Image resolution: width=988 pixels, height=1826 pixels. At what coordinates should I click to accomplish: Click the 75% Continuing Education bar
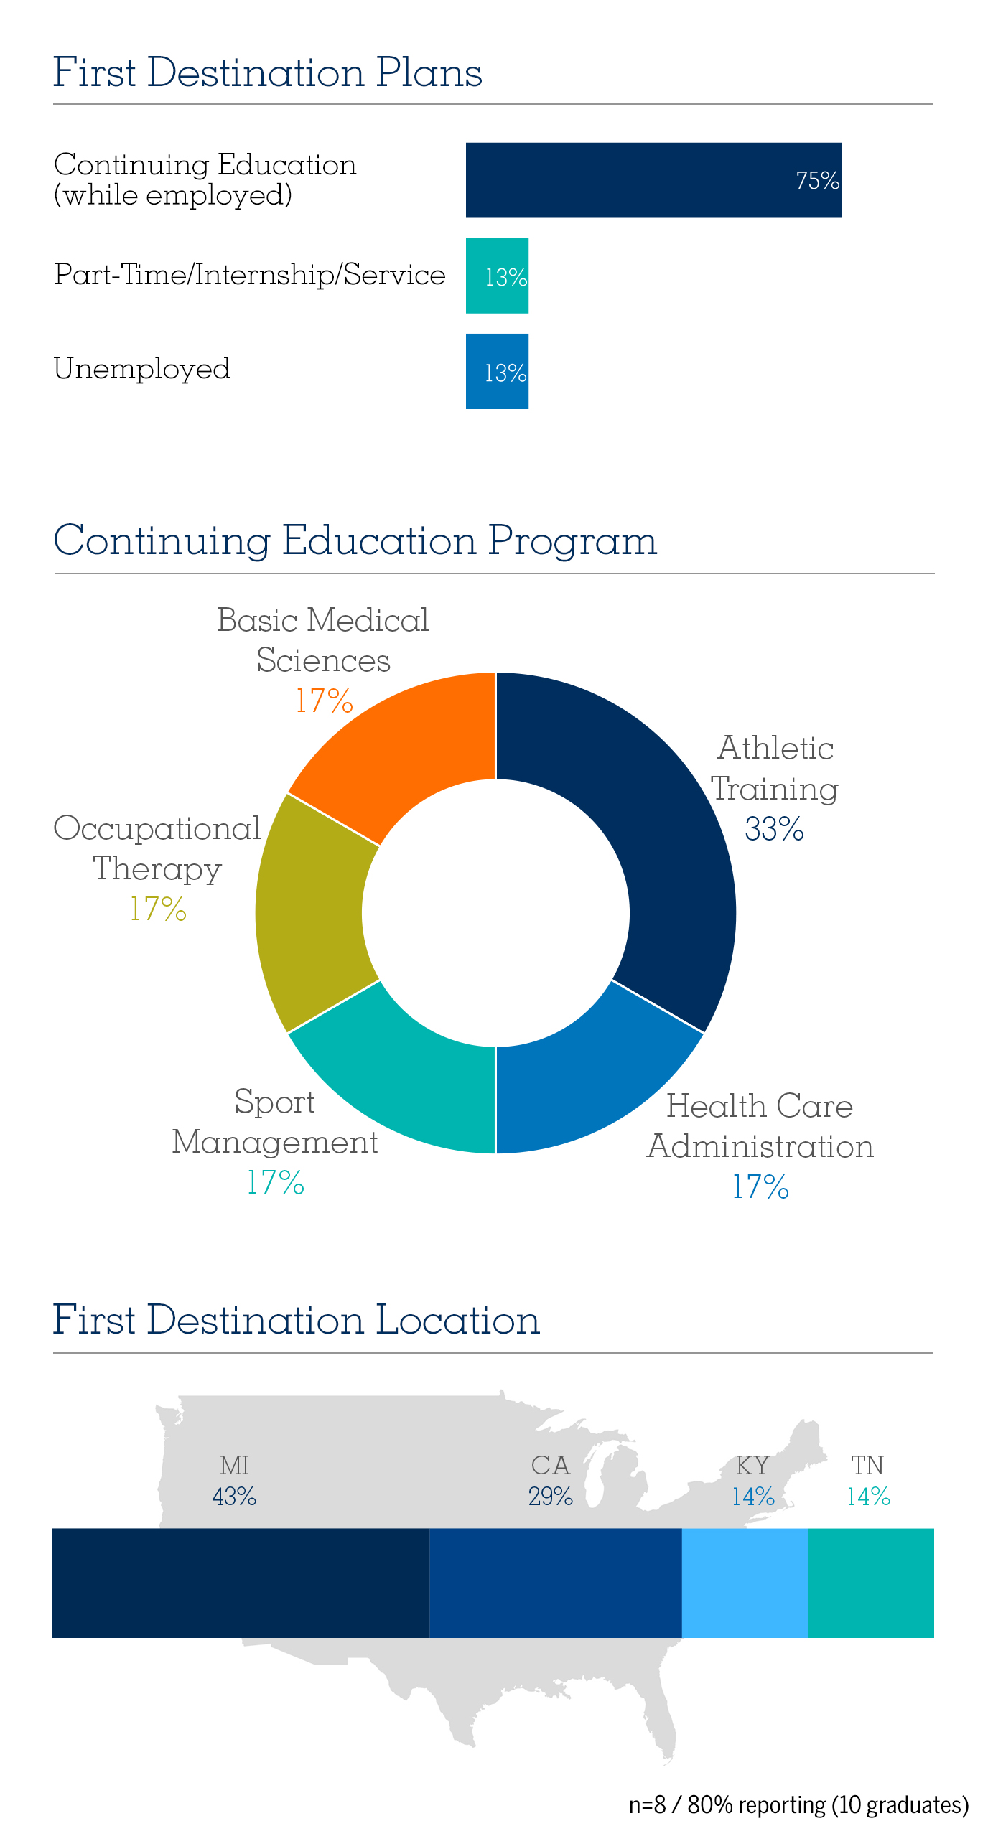click(x=653, y=180)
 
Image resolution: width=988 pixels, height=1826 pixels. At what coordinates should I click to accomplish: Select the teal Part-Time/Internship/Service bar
click(x=497, y=276)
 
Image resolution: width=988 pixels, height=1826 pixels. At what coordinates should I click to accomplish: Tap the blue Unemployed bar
click(x=497, y=371)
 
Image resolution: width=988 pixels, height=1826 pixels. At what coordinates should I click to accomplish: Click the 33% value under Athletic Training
click(x=774, y=829)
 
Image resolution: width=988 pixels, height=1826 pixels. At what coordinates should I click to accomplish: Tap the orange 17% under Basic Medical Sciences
click(x=325, y=701)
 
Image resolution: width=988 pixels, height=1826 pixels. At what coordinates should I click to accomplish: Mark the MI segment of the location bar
click(x=241, y=1583)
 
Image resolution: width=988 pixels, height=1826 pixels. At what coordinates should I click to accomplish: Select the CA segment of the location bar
click(x=555, y=1583)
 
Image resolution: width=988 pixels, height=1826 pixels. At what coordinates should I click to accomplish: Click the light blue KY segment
click(x=745, y=1583)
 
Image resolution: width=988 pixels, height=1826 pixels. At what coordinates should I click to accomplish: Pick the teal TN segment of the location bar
click(x=871, y=1583)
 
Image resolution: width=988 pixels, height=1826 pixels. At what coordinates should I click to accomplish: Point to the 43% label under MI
click(x=234, y=1497)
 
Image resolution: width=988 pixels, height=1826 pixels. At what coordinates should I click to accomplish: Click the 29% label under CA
click(x=551, y=1497)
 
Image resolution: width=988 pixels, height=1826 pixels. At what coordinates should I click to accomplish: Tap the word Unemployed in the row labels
click(x=142, y=369)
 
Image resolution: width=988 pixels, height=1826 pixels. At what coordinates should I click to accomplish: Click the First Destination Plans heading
click(x=267, y=72)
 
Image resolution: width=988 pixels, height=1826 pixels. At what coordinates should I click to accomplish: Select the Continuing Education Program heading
click(x=355, y=540)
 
